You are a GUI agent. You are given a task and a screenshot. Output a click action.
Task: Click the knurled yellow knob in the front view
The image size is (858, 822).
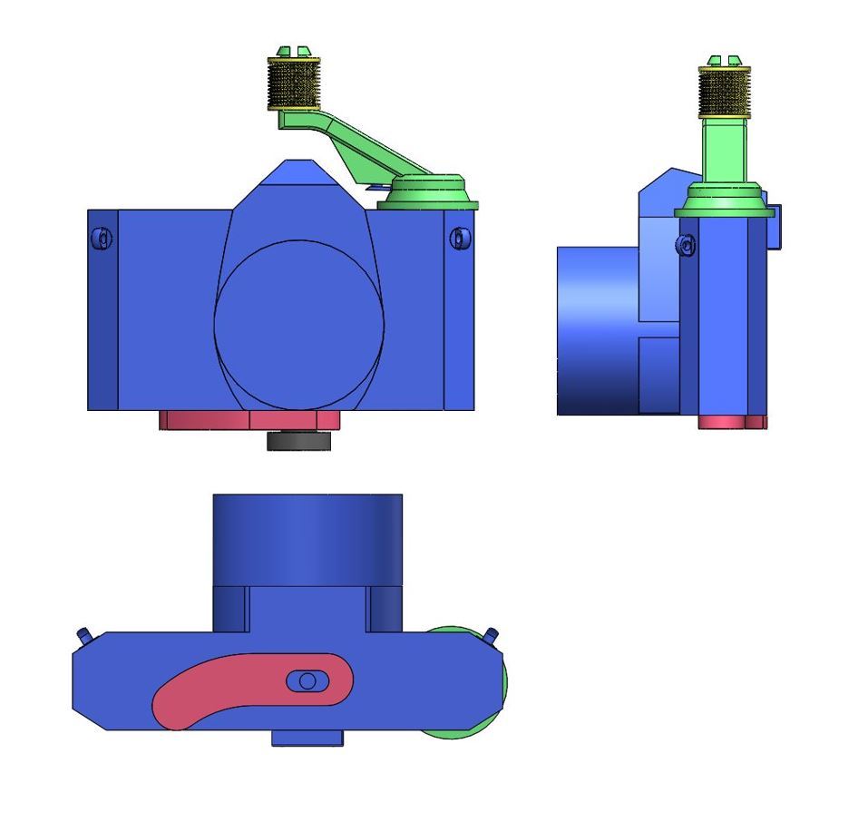coord(294,83)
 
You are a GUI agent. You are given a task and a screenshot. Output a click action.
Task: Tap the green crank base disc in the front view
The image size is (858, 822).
coord(428,191)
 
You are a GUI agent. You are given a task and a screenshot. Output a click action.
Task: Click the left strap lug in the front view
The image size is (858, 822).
coord(102,239)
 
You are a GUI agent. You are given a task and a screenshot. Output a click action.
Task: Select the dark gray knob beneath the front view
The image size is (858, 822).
coord(298,441)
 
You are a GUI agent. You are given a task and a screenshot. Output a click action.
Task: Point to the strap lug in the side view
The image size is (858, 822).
coord(687,245)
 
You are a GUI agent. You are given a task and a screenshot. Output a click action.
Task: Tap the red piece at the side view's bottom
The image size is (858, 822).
coord(721,422)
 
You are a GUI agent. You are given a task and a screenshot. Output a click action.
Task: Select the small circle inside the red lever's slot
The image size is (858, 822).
coord(307,680)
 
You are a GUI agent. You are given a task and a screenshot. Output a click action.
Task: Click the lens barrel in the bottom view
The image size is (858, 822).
coord(307,540)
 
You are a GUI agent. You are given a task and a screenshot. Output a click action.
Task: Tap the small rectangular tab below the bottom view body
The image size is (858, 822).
coord(307,739)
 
